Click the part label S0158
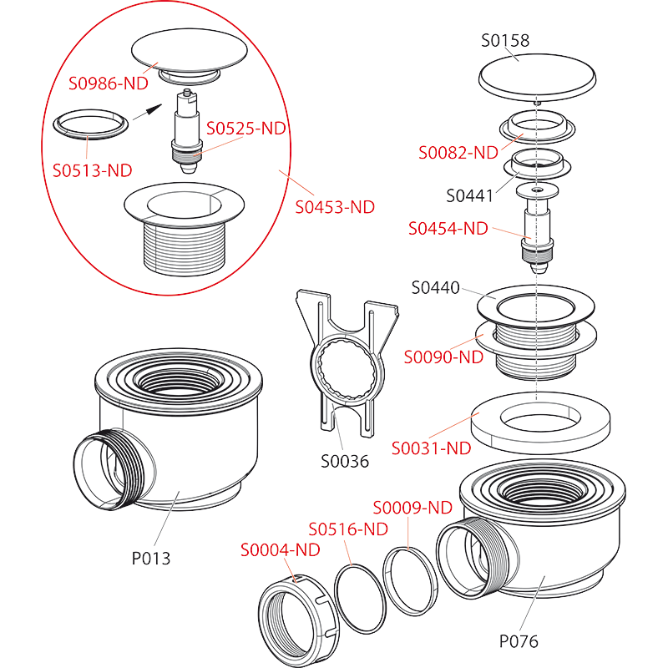click(505, 40)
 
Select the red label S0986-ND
click(109, 83)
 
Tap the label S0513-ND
click(92, 170)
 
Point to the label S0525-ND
click(245, 129)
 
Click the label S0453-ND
click(335, 207)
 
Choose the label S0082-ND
click(458, 153)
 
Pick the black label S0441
click(470, 196)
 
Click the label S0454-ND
click(448, 228)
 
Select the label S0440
click(435, 287)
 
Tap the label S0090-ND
click(443, 357)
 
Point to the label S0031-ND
click(431, 448)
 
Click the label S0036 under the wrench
click(345, 462)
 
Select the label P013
click(151, 558)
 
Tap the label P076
click(519, 641)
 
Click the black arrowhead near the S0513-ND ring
click(154, 109)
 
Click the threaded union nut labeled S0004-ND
click(299, 620)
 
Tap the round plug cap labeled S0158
click(537, 78)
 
